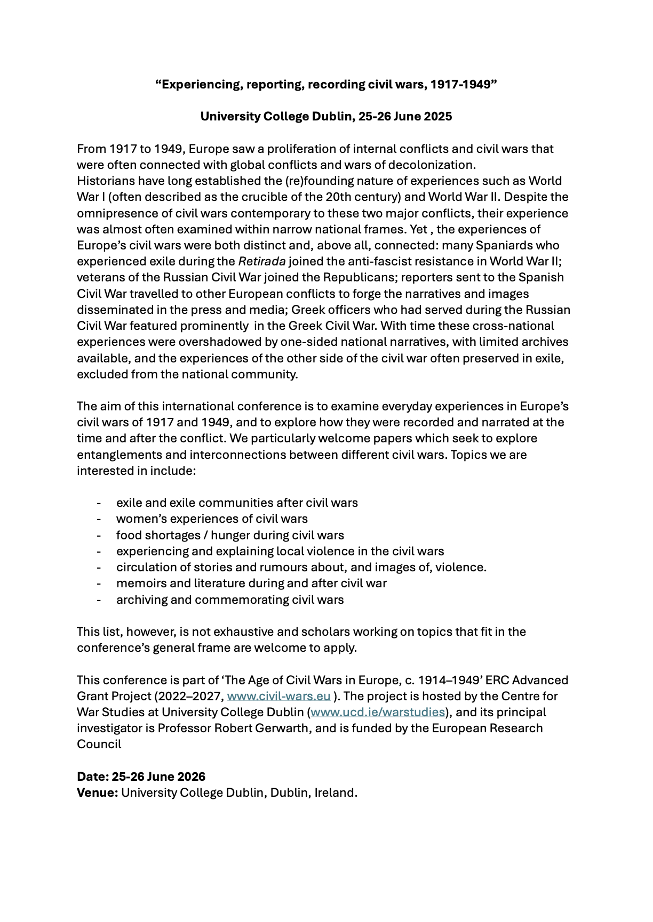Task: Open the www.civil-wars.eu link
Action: pyautogui.click(x=278, y=696)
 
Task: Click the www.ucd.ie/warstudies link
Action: pyautogui.click(x=378, y=712)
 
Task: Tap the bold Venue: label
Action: pyautogui.click(x=97, y=792)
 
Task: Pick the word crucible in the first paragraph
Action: pyautogui.click(x=300, y=197)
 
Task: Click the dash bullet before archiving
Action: pyautogui.click(x=99, y=600)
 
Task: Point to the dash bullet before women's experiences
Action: pyautogui.click(x=99, y=519)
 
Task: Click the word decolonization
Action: pyautogui.click(x=431, y=165)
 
